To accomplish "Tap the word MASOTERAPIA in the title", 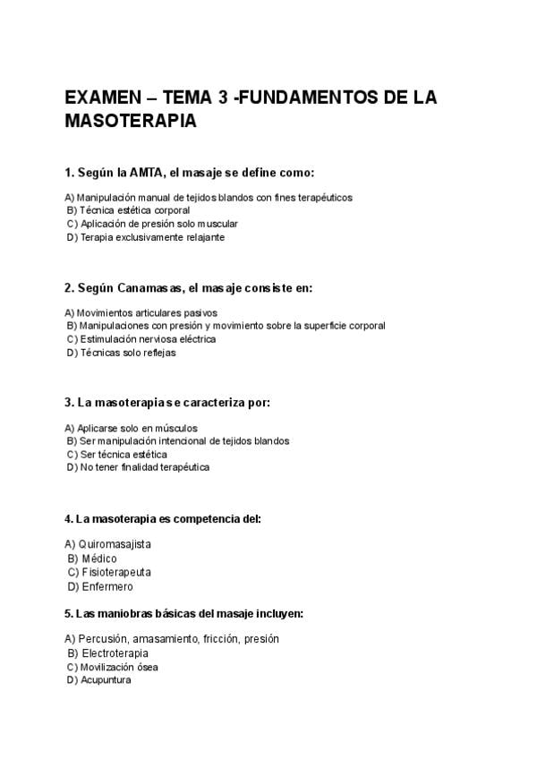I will pos(131,121).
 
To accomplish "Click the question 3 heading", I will pos(167,403).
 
